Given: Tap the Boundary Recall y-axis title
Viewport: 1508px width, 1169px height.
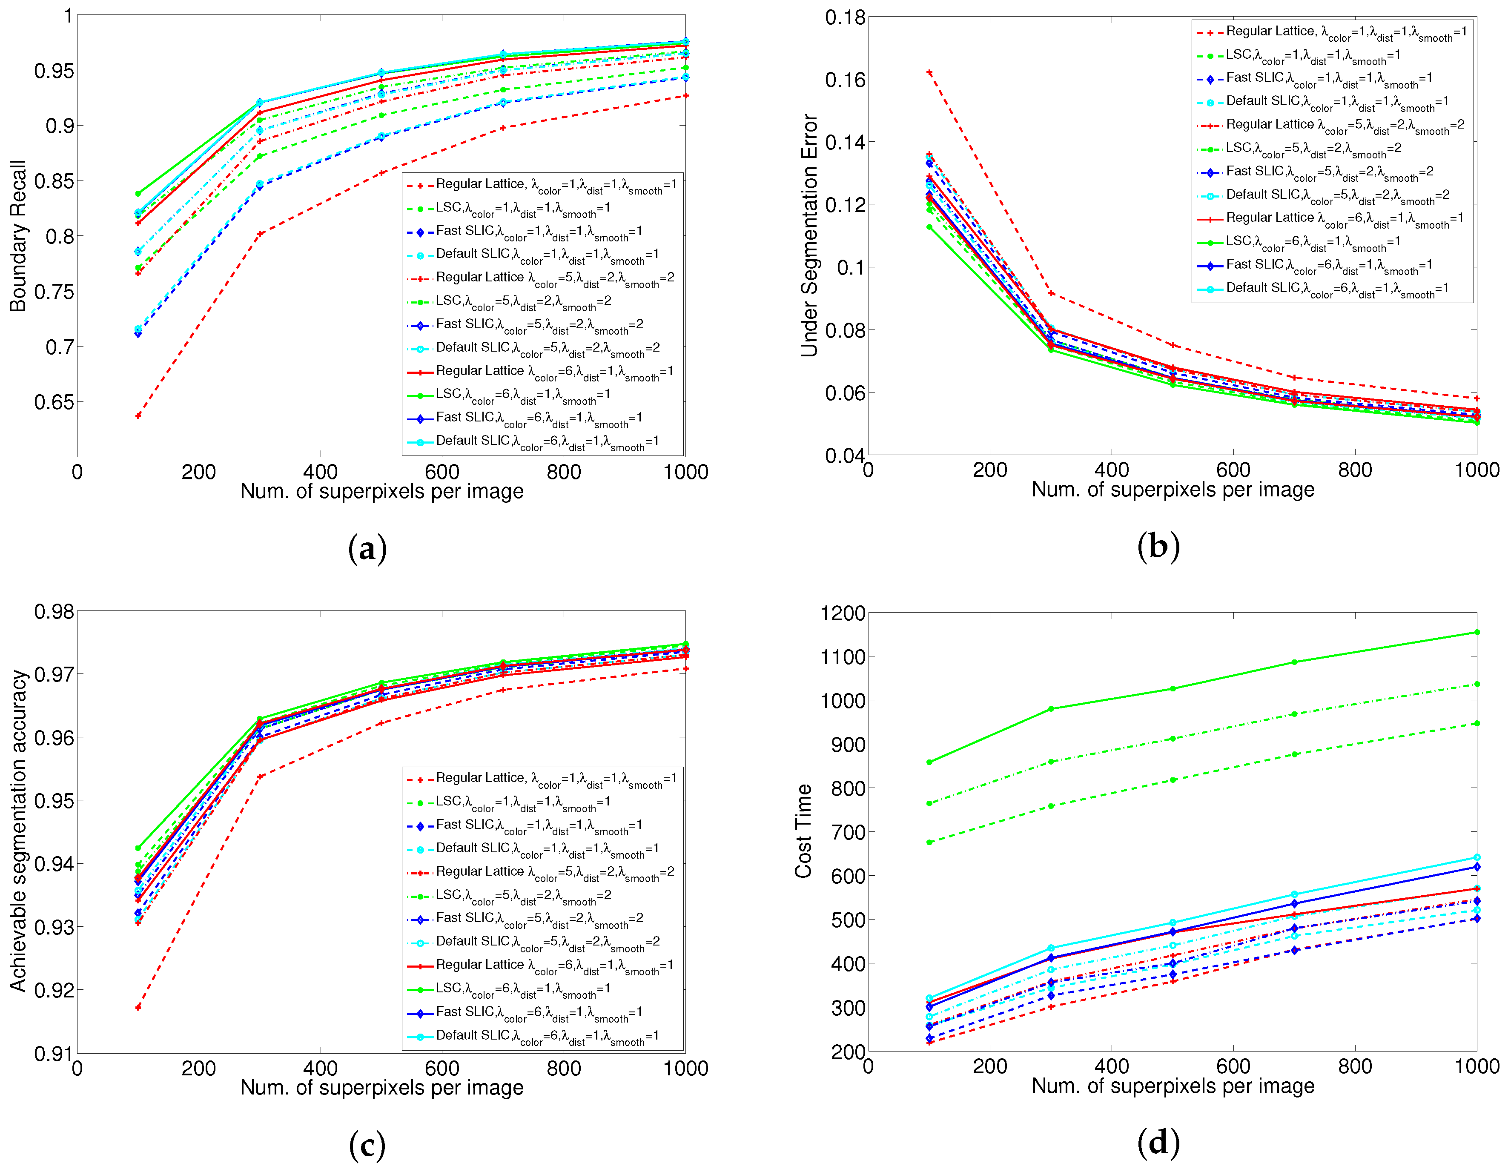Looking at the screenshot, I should point(17,236).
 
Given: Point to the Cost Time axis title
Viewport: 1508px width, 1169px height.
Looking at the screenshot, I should point(803,831).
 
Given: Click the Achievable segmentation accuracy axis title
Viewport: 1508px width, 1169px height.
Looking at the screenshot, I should point(17,831).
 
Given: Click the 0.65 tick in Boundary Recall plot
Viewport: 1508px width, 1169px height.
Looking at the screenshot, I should point(53,402).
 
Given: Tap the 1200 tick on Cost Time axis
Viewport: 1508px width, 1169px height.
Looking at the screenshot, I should point(842,613).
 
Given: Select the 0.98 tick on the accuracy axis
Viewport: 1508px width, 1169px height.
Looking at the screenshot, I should point(53,612).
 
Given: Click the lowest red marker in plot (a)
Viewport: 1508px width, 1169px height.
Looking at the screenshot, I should point(138,415).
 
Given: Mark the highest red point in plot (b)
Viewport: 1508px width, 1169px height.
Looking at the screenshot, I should point(929,72).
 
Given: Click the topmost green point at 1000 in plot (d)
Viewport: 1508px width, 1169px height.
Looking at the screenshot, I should point(1477,632).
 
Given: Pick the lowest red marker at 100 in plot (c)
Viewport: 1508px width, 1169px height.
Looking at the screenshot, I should point(138,1007).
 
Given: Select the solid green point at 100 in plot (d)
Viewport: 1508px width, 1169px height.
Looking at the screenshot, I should point(929,762).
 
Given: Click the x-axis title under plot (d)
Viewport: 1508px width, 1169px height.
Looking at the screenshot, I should point(1173,1086).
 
